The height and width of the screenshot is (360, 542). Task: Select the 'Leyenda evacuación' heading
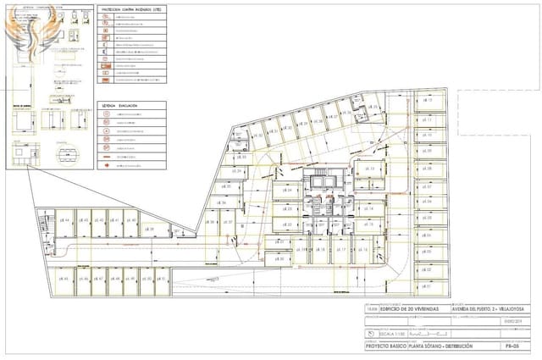[119, 108]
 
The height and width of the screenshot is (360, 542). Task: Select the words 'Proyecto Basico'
[383, 347]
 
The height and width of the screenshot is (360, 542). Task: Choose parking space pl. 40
[131, 221]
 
